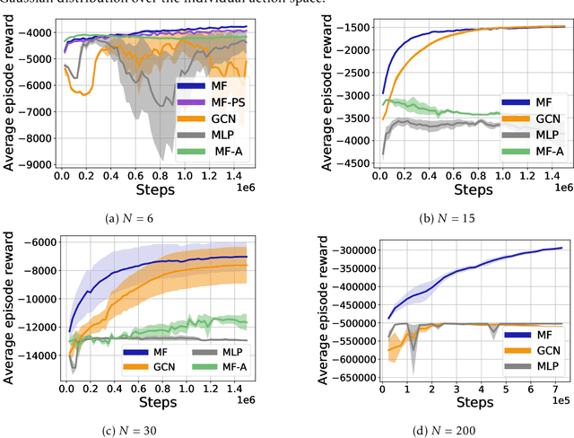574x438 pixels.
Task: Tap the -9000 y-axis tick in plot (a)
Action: tap(36, 164)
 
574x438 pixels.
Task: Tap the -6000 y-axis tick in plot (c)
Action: tap(39, 242)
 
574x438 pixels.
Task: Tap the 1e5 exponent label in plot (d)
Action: tap(557, 403)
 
